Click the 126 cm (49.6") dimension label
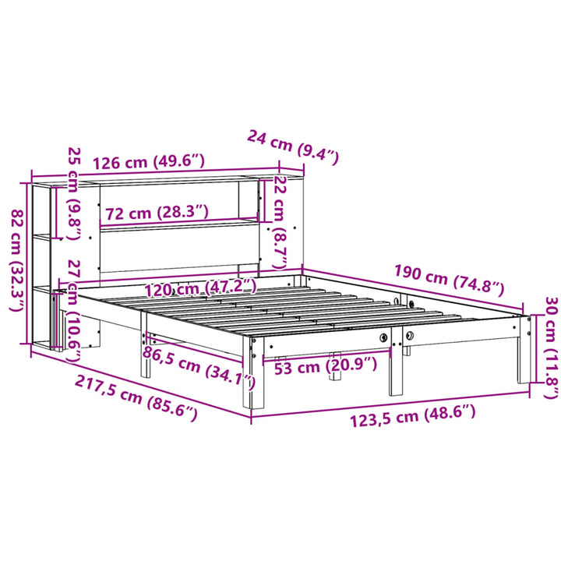point(148,162)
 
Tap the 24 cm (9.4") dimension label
point(293,146)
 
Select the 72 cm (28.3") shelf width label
point(157,212)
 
